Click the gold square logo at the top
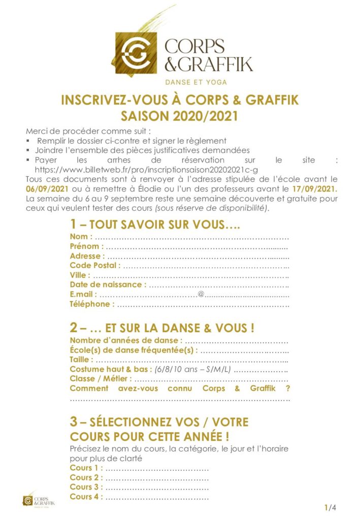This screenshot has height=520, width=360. pyautogui.click(x=137, y=50)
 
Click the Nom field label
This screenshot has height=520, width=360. pyautogui.click(x=81, y=237)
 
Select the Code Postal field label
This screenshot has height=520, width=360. pyautogui.click(x=95, y=266)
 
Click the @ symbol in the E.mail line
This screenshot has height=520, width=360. pyautogui.click(x=201, y=295)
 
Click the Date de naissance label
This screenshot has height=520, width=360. pyautogui.click(x=108, y=285)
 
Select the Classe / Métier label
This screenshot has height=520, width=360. pyautogui.click(x=101, y=379)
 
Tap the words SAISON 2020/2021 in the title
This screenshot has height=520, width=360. pyautogui.click(x=180, y=116)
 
